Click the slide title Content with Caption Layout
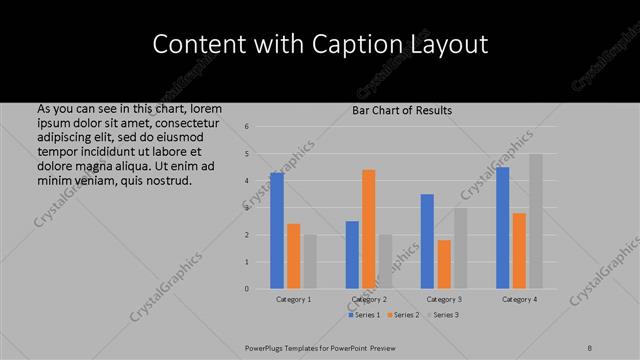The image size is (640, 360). coord(320,45)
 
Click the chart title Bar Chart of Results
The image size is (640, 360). coord(402,110)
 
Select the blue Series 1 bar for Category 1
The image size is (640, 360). coord(277,230)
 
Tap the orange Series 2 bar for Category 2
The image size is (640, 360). coord(369,229)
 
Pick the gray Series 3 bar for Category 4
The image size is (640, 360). coord(536,221)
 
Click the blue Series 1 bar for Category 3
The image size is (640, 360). coord(427,241)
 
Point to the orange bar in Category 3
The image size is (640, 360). coord(444,264)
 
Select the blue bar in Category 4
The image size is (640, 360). coord(502,227)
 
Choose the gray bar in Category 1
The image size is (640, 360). coord(310,261)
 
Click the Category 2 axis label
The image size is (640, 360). coord(369,299)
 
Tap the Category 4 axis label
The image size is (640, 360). coord(519,299)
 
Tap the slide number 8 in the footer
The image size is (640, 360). coord(590,347)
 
